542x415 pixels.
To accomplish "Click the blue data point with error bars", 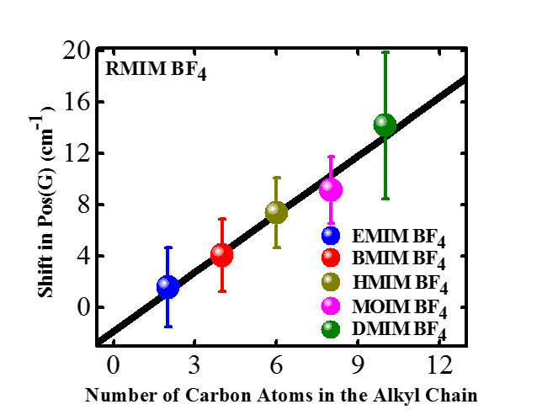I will [x=168, y=287].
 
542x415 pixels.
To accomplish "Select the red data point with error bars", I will [x=222, y=254].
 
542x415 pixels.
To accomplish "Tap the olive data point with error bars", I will [x=277, y=212].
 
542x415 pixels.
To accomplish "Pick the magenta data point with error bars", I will [x=331, y=189].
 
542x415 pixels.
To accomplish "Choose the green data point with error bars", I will [x=385, y=125].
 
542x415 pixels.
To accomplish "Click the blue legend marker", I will [x=331, y=236].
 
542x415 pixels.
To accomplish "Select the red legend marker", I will [x=331, y=258].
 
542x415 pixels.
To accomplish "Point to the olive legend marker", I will [x=331, y=281].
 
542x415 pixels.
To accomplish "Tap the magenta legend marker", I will [x=331, y=306].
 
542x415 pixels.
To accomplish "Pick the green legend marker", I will [x=331, y=329].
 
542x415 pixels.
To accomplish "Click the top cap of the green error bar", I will [x=385, y=52].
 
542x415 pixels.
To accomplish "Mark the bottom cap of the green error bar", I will [x=385, y=199].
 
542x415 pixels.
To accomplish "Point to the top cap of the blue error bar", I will [x=168, y=247].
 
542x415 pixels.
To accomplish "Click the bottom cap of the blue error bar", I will [x=168, y=327].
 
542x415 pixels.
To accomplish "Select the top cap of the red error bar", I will [x=222, y=219].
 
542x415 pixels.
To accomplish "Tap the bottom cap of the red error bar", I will [x=222, y=291].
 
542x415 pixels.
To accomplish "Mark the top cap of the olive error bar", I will [x=277, y=178].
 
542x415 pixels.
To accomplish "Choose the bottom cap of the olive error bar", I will [x=277, y=247].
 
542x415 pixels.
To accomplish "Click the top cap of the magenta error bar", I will [x=332, y=157].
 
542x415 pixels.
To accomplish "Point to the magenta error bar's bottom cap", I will [x=332, y=223].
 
